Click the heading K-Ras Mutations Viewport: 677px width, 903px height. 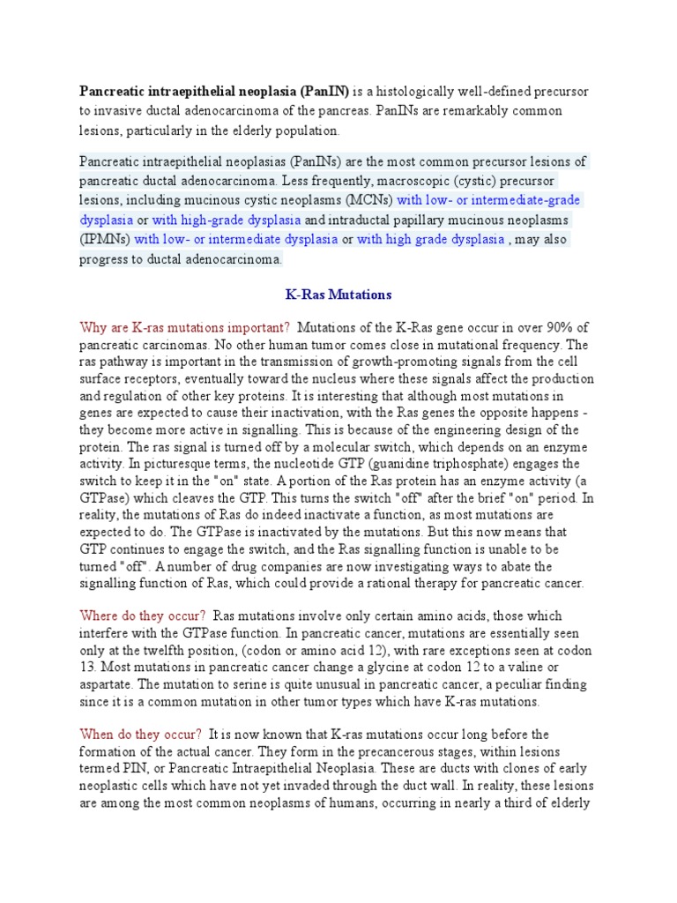pyautogui.click(x=338, y=294)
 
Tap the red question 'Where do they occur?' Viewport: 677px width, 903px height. pyautogui.click(x=143, y=616)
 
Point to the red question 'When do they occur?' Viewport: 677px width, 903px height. pyautogui.click(x=141, y=735)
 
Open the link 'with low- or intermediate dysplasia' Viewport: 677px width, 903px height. pyautogui.click(x=236, y=239)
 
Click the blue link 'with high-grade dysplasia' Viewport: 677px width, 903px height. pyautogui.click(x=227, y=220)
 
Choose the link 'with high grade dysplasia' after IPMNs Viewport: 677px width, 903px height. pyautogui.click(x=431, y=239)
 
